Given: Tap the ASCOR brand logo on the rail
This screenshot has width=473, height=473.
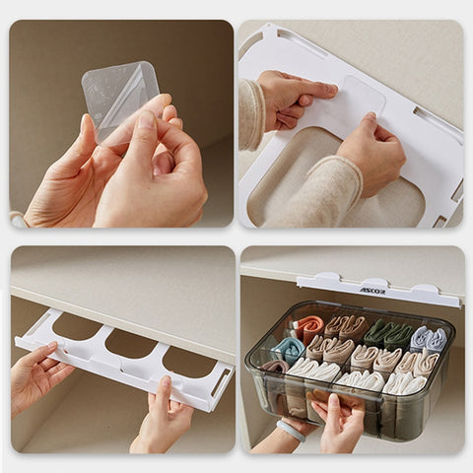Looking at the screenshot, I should (372, 291).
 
